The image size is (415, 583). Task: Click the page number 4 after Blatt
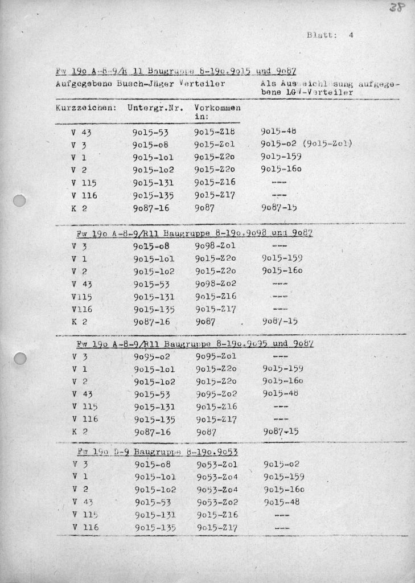351,35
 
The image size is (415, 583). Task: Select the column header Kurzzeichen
86,108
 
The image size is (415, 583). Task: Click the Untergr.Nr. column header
155,108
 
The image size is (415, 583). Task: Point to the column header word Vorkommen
217,108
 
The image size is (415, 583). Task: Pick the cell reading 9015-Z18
215,132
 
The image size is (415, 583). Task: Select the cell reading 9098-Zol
215,246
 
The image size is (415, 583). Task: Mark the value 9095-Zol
216,357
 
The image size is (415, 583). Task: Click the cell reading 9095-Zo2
217,394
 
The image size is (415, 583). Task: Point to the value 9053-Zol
217,464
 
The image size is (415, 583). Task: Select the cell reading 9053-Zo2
217,502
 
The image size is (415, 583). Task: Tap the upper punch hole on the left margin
20,202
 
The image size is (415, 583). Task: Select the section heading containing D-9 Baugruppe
157,452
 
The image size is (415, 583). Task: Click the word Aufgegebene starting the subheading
84,84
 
